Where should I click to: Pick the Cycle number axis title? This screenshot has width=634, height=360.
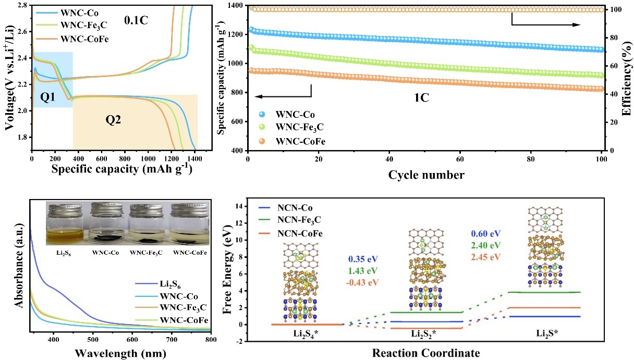pos(426,175)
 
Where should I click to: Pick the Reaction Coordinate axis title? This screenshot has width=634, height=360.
pos(426,353)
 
